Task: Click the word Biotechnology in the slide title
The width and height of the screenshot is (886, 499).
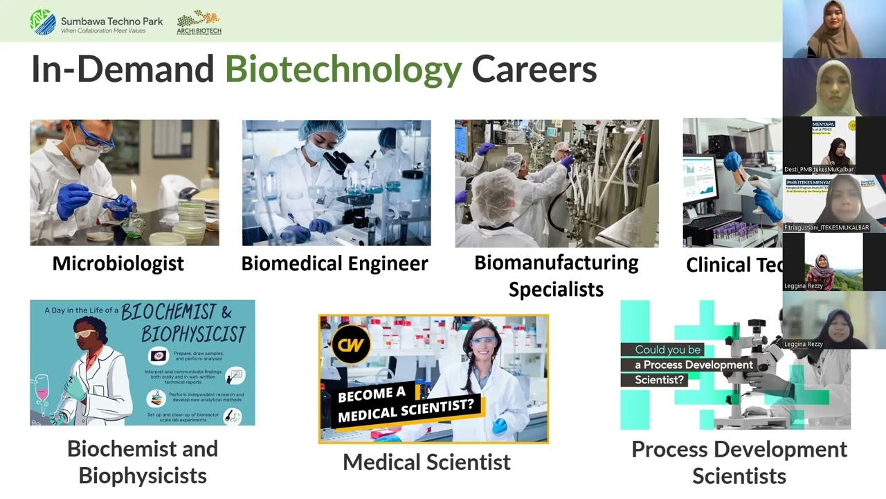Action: point(343,69)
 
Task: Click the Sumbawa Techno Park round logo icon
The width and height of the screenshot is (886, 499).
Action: point(43,21)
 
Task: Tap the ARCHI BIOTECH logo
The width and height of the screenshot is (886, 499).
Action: point(199,22)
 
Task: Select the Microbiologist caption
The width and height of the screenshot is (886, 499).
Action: point(118,263)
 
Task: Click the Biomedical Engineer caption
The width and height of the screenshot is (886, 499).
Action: point(334,263)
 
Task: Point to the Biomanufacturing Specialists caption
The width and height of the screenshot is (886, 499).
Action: point(556,275)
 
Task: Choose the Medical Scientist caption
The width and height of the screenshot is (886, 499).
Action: point(426,462)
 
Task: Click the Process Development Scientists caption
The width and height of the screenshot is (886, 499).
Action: point(739,462)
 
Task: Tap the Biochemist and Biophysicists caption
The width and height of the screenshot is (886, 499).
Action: point(142,462)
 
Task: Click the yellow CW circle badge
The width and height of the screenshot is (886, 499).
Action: point(350,344)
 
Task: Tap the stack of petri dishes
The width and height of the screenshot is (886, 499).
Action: point(189,222)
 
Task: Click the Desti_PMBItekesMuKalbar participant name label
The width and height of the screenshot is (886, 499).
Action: point(819,168)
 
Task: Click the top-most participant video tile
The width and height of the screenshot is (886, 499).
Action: point(834,29)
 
